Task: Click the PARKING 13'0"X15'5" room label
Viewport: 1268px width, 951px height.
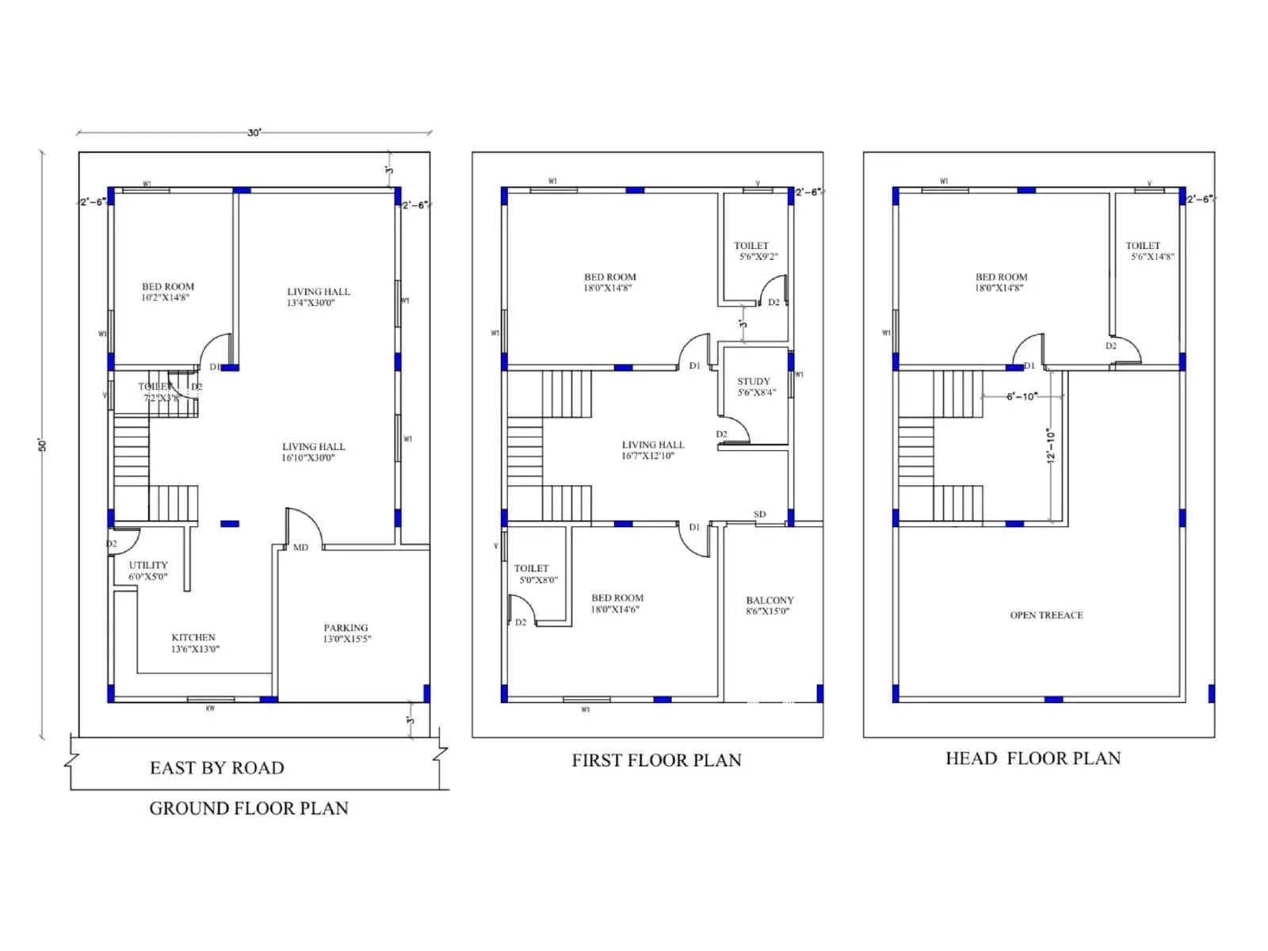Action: (346, 633)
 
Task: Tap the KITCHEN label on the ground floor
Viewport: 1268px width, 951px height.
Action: (194, 643)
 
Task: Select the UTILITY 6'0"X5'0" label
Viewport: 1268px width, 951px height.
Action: (148, 571)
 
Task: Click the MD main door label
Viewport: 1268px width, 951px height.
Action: (300, 548)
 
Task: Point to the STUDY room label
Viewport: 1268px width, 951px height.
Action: (754, 387)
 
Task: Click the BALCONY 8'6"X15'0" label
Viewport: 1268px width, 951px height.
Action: (769, 605)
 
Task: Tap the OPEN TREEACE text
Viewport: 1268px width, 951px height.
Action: (1046, 615)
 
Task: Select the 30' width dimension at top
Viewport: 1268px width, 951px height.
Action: (254, 132)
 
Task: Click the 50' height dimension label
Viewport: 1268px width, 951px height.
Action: (43, 445)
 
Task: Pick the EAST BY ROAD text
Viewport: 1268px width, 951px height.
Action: (216, 768)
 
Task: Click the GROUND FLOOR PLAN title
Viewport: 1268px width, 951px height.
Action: (249, 808)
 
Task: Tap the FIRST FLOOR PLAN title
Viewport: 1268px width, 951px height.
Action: (656, 761)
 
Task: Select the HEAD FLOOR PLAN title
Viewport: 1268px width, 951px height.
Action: (1033, 758)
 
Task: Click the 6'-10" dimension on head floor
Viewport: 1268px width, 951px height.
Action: (1022, 396)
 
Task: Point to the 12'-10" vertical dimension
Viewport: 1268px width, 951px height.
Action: (1051, 446)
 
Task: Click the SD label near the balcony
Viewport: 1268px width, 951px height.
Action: (759, 514)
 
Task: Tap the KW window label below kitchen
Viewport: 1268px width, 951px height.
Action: (210, 708)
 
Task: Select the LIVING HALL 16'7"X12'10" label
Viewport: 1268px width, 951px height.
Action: (652, 450)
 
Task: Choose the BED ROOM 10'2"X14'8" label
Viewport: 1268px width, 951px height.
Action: (167, 292)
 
